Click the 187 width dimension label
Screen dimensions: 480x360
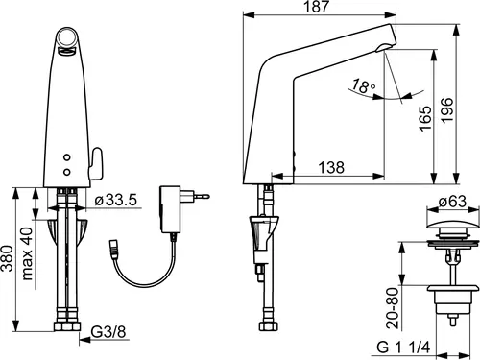316,7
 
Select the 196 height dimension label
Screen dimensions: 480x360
446,109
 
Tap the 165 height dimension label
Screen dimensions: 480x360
425,118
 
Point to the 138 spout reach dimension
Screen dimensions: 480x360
331,167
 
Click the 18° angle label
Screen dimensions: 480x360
364,86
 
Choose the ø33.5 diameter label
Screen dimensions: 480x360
116,200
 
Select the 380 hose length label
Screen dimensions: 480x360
7,258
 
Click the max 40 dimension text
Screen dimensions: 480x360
27,253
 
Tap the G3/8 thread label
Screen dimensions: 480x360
108,332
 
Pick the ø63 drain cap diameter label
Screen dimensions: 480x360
452,202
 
